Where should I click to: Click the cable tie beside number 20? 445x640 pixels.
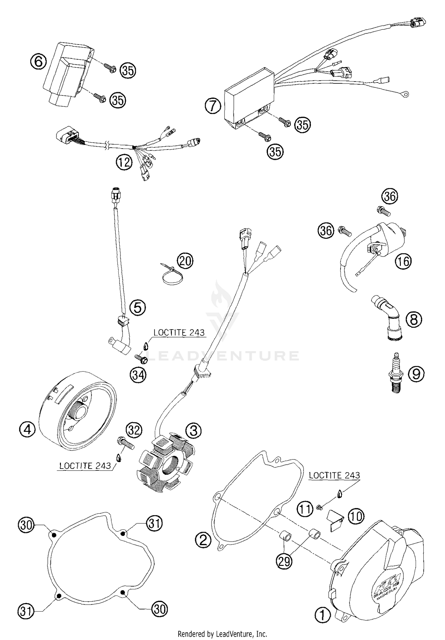pos(172,274)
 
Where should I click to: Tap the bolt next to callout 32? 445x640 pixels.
pos(125,444)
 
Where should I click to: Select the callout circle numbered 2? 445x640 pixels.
pos(203,540)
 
